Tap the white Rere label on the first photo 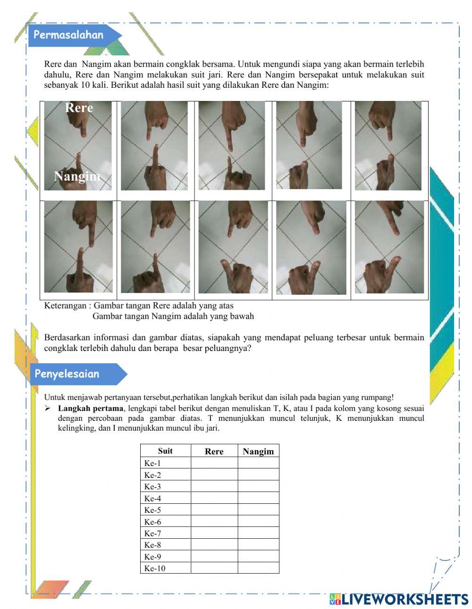point(79,108)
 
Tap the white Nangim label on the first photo point(77,176)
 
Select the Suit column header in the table point(165,451)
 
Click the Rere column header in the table point(214,451)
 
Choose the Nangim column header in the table point(258,451)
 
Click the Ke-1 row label point(152,463)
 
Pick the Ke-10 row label point(155,568)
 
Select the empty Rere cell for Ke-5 point(214,510)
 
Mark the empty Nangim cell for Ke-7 point(258,534)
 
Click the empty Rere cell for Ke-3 point(214,487)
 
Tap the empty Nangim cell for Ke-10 point(258,568)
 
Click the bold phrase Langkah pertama point(91,409)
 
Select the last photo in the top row point(388,146)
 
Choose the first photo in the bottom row point(78,247)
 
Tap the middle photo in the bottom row point(233,247)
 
